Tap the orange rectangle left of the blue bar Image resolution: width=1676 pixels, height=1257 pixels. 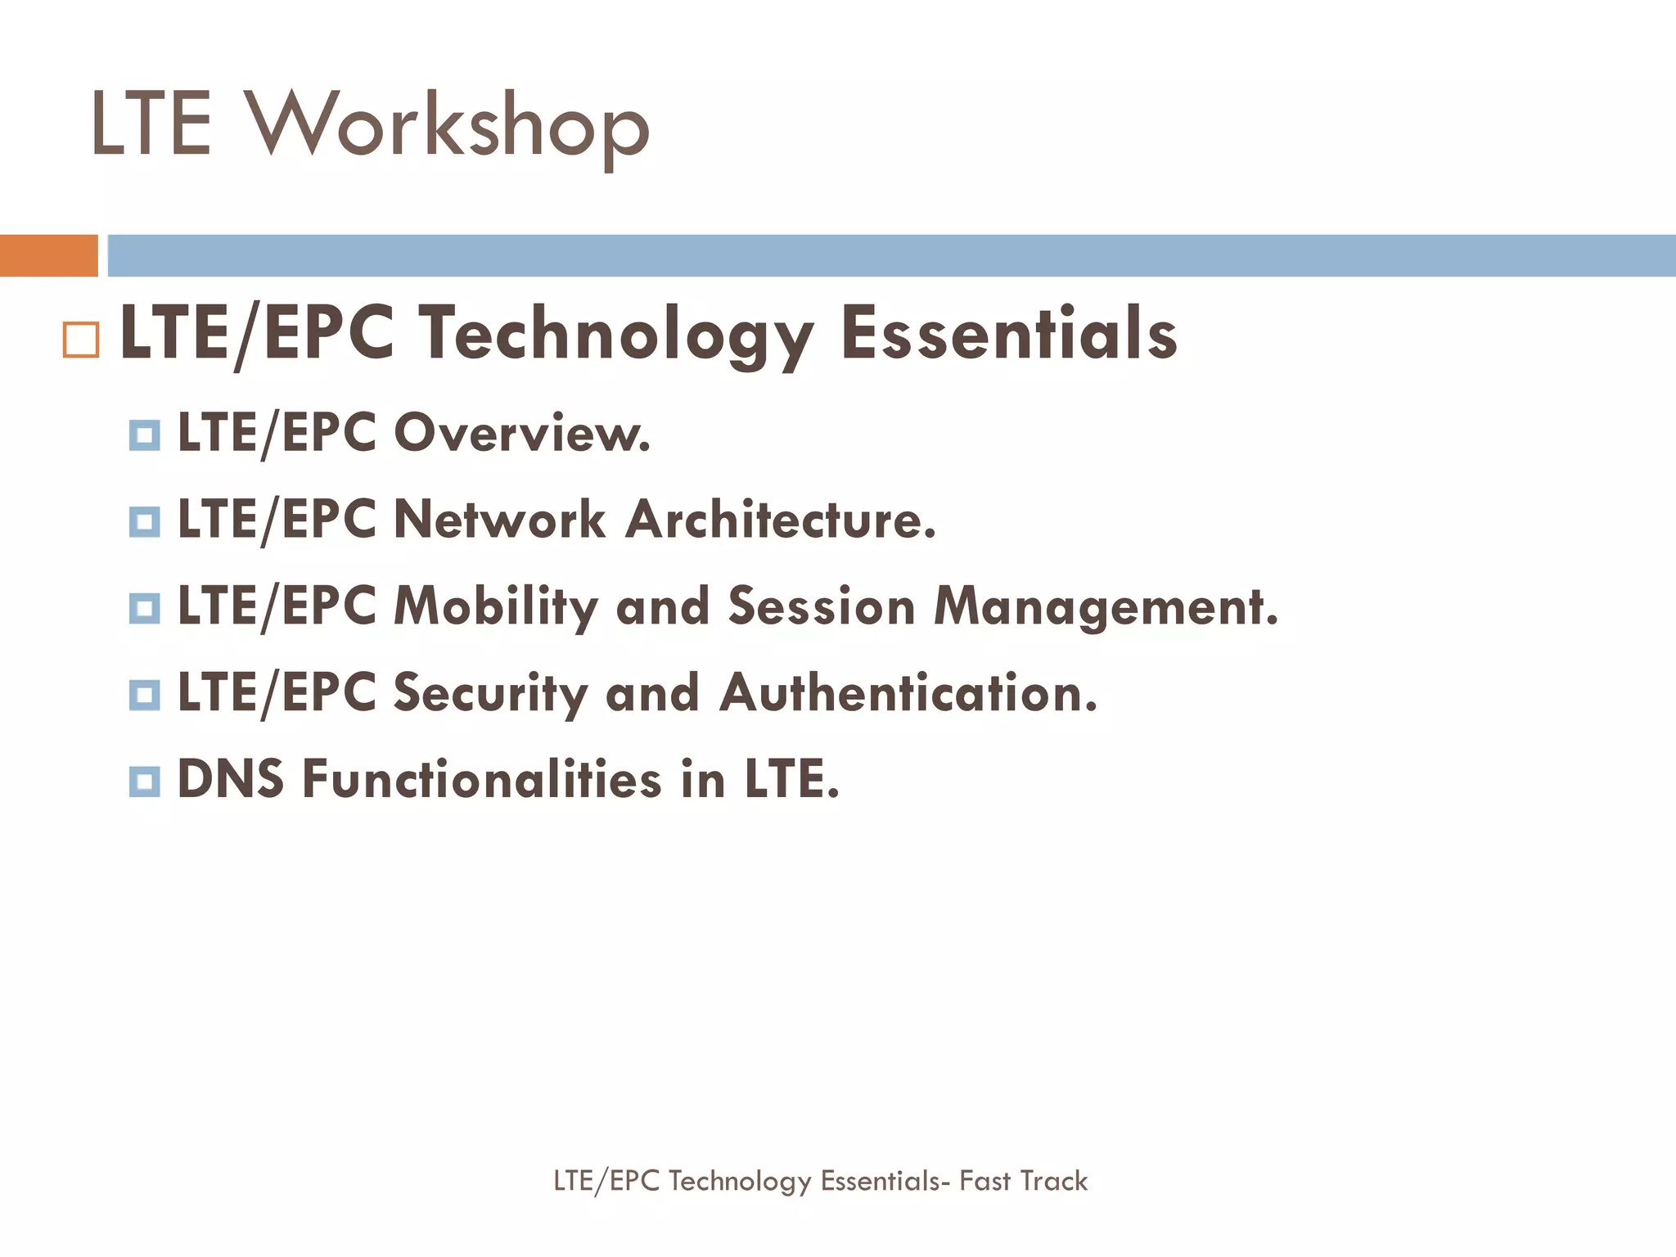(x=48, y=255)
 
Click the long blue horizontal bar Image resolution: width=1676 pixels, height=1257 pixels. (x=890, y=255)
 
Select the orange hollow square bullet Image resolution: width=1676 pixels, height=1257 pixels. (x=81, y=340)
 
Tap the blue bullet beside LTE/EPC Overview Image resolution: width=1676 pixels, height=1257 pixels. (x=145, y=435)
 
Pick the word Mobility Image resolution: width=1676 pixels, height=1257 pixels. (x=496, y=607)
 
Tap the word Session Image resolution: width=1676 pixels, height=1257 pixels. (x=821, y=606)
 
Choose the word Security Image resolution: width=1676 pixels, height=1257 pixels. (x=490, y=694)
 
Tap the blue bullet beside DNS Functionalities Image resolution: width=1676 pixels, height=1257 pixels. (x=145, y=782)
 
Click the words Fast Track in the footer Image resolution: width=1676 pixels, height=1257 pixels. (x=1023, y=1181)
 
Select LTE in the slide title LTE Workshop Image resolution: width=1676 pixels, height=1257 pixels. (x=151, y=124)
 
